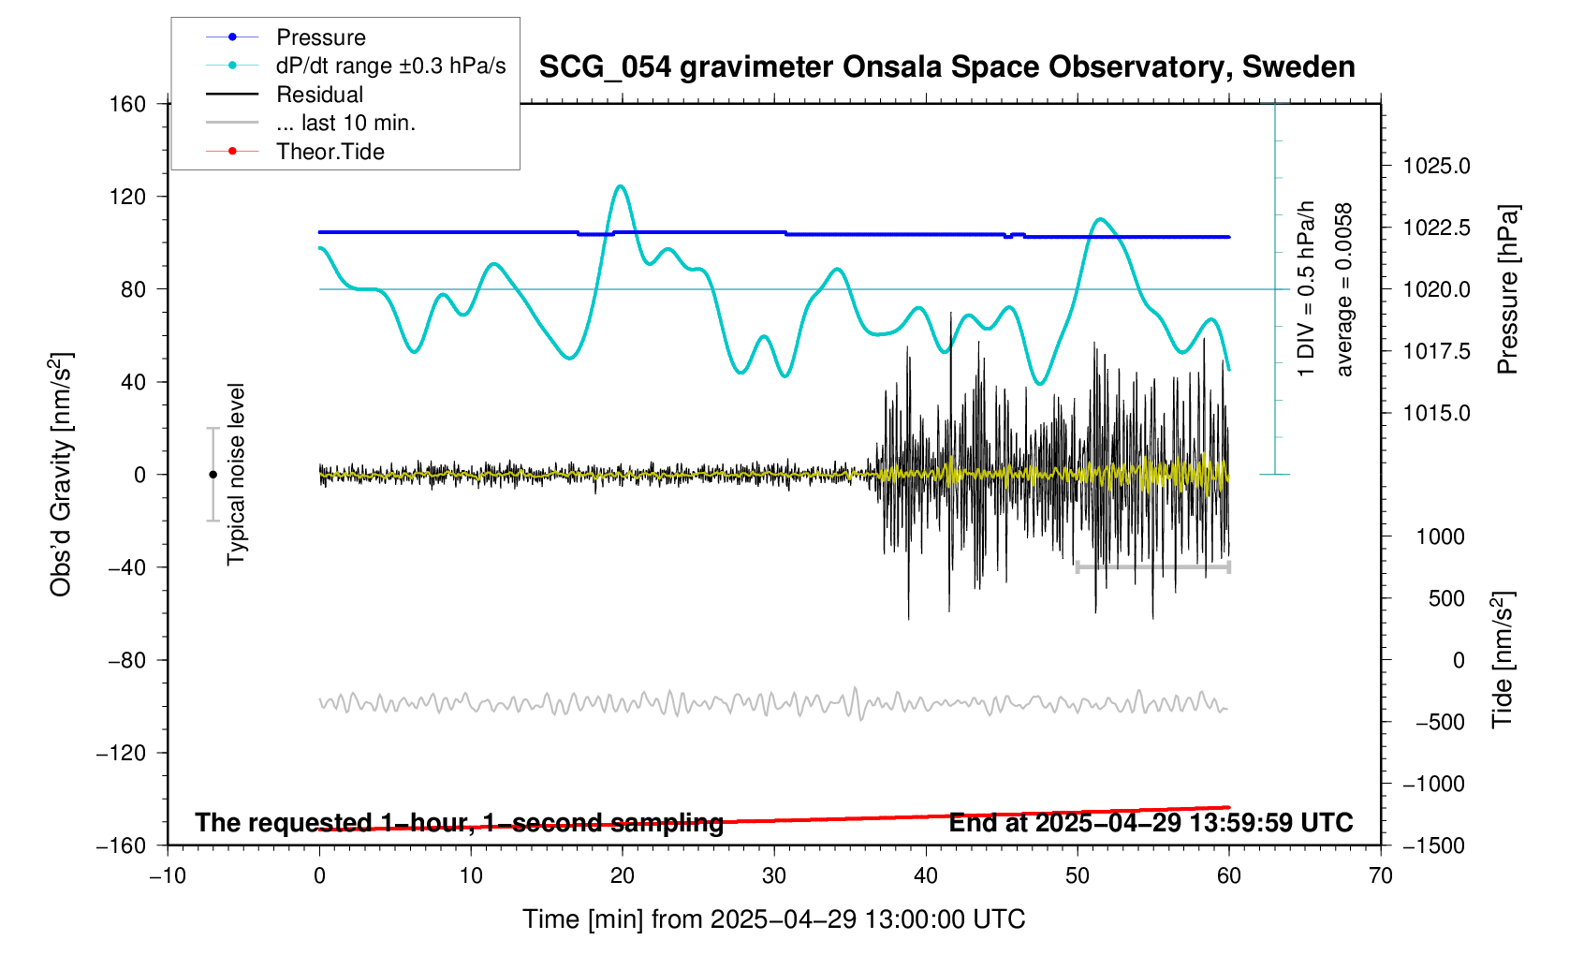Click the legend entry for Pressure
tap(320, 37)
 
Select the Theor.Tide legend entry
tap(330, 152)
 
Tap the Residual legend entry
tap(319, 95)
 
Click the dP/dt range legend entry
tap(390, 66)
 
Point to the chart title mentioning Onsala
tap(946, 67)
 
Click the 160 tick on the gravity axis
tap(127, 104)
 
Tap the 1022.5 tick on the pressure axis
tap(1436, 228)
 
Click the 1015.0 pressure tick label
tap(1436, 413)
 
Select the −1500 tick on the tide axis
tap(1432, 845)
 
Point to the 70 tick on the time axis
tap(1380, 876)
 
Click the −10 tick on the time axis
tap(168, 876)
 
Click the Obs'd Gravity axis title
tap(62, 475)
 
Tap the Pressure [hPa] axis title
tap(1507, 289)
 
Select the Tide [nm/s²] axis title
tap(1503, 660)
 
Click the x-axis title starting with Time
tap(773, 919)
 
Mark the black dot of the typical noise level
tap(213, 475)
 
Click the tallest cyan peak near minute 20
tap(620, 186)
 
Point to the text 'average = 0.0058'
tap(1344, 289)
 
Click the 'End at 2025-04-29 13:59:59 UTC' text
tap(1151, 823)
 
